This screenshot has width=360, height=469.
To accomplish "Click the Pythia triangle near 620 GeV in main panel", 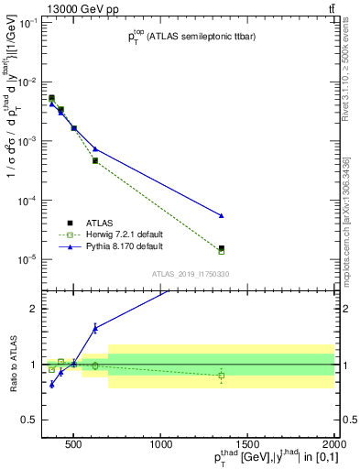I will pos(95,148).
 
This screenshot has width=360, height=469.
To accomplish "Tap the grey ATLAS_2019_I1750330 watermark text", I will pos(190,273).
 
